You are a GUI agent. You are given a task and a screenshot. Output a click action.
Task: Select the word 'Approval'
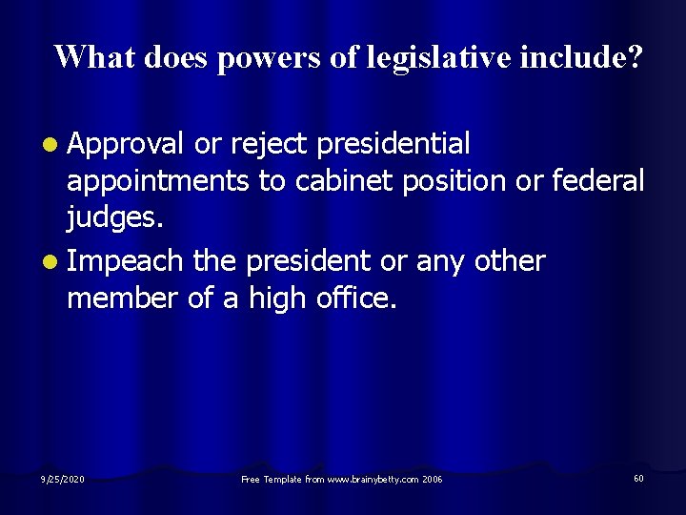(126, 145)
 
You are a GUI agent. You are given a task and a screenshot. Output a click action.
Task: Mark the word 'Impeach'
(126, 260)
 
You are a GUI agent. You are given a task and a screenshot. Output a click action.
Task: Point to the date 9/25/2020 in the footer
(63, 478)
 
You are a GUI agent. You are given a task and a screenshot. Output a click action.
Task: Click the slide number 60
(637, 478)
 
